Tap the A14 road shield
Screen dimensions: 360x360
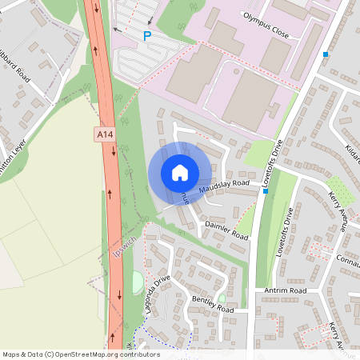pos(103,135)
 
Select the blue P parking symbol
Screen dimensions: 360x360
pos(146,36)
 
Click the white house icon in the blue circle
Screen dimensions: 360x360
pos(180,173)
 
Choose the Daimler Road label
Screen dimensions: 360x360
pos(227,230)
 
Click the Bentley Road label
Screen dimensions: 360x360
pos(213,305)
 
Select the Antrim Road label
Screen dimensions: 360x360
pos(286,290)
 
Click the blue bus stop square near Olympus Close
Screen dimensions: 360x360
pos(326,54)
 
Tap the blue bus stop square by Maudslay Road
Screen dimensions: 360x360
pos(266,191)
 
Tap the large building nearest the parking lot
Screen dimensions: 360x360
pos(194,74)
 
